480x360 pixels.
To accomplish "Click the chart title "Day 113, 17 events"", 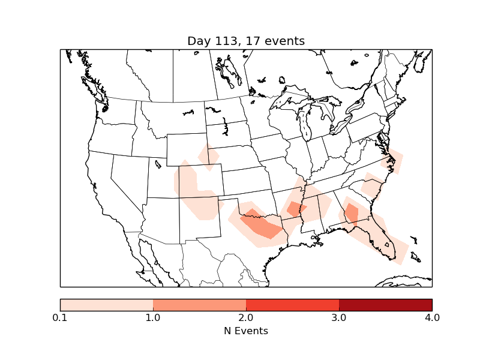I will pyautogui.click(x=246, y=41).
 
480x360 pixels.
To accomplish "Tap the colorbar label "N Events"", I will pyautogui.click(x=246, y=331).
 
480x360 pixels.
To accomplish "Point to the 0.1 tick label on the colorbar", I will pyautogui.click(x=60, y=317).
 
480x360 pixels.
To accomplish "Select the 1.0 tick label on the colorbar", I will pyautogui.click(x=153, y=317).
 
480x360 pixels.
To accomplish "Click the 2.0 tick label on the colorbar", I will pyautogui.click(x=246, y=317).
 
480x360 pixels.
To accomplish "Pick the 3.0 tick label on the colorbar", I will pyautogui.click(x=339, y=317).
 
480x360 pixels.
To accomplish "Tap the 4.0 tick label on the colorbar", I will pyautogui.click(x=432, y=317).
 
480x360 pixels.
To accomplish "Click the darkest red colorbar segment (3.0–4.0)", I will pyautogui.click(x=385, y=304).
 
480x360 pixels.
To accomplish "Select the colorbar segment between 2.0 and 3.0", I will pyautogui.click(x=292, y=304).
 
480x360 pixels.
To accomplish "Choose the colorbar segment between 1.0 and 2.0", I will pyautogui.click(x=199, y=304).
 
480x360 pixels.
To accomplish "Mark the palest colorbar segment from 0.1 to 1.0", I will pyautogui.click(x=106, y=304).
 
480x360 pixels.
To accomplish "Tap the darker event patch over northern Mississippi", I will pyautogui.click(x=296, y=209).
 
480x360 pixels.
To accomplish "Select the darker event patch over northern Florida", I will pyautogui.click(x=352, y=214).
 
